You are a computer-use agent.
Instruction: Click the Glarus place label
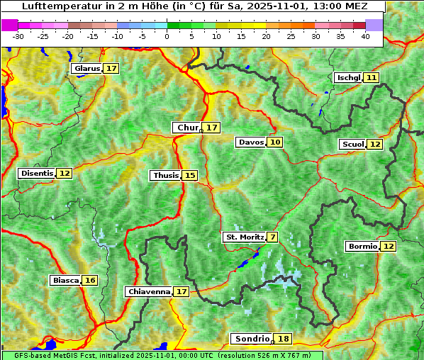point(87,69)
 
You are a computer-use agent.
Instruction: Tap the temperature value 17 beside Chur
point(213,128)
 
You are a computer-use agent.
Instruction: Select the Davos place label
point(251,142)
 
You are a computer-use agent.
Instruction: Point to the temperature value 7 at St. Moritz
point(273,237)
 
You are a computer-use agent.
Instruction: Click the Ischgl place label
point(348,78)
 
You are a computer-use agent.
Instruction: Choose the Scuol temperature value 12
point(375,145)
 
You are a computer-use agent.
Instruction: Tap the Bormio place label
point(362,247)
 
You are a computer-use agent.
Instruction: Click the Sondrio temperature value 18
point(284,339)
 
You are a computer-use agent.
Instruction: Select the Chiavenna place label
point(149,291)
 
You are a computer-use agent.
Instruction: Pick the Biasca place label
point(65,281)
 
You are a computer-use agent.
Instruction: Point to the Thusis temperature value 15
point(189,176)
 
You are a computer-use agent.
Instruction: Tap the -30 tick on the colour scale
point(18,36)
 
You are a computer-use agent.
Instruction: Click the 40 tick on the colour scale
point(365,36)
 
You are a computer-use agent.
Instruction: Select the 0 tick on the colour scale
point(167,36)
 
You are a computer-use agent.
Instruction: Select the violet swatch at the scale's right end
point(374,25)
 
